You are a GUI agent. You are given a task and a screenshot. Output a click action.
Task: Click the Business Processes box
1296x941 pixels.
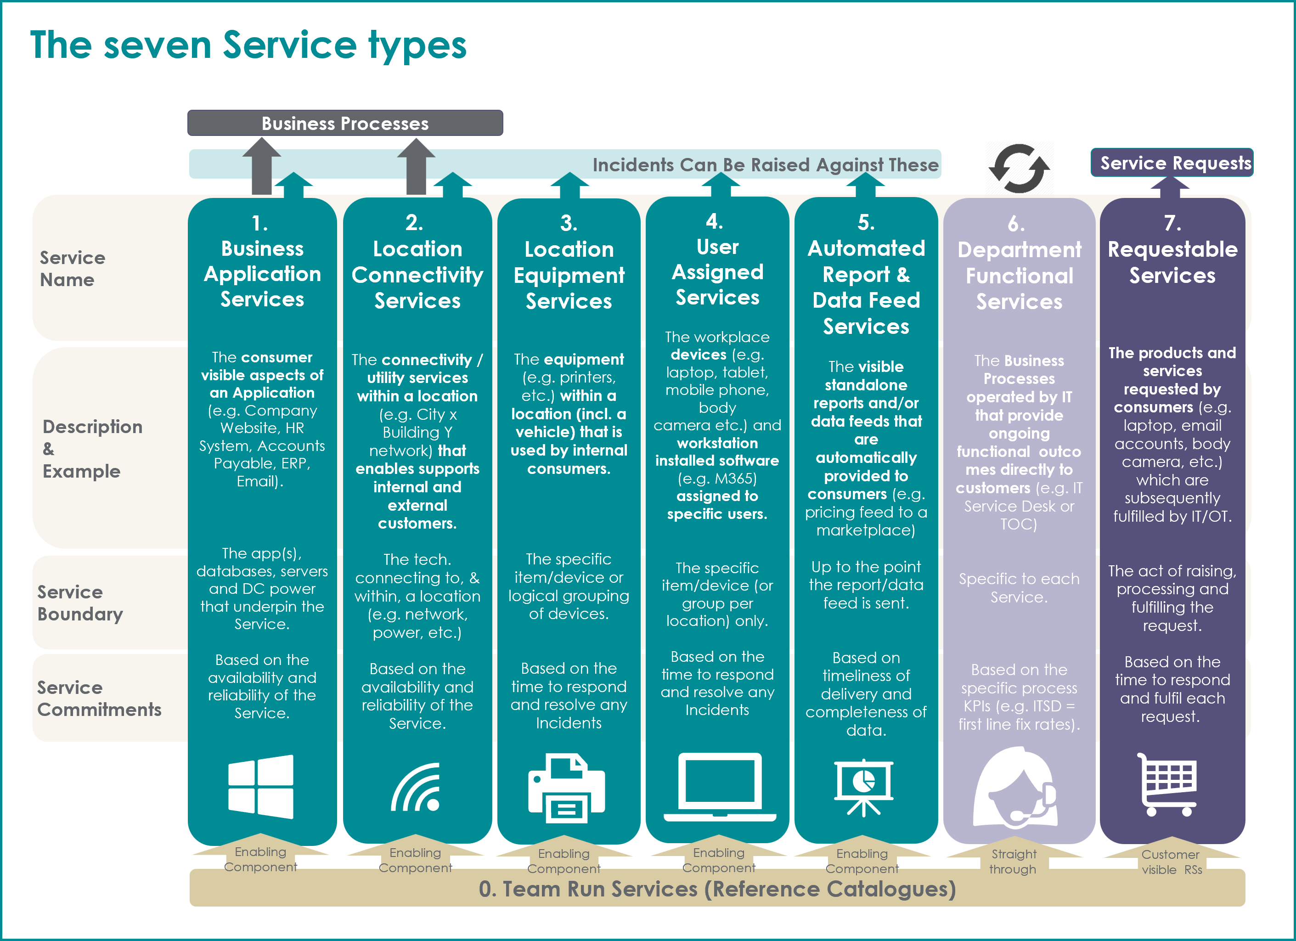tap(345, 123)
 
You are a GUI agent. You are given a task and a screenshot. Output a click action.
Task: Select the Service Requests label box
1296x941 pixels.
tap(1172, 163)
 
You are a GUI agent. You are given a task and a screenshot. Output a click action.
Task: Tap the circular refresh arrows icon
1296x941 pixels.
tap(1019, 169)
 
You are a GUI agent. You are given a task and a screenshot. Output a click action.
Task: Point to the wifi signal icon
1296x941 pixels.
tap(416, 787)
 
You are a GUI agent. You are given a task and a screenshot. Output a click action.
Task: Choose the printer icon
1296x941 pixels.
tap(566, 788)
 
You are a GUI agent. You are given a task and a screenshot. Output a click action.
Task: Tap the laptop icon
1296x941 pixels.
tap(720, 787)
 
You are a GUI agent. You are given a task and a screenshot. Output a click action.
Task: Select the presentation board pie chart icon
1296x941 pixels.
tap(863, 787)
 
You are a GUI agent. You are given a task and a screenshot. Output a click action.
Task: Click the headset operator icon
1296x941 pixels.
tap(1015, 787)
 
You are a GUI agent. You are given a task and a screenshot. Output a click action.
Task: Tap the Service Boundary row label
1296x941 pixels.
tap(80, 603)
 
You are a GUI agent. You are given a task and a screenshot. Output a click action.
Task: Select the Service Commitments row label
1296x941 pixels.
tap(99, 698)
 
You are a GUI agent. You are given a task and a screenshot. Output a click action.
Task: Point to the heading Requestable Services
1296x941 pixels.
tap(1172, 262)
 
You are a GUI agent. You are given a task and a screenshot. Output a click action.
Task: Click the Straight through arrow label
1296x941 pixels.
tap(1013, 862)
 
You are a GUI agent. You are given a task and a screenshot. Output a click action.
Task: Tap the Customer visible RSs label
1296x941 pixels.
tap(1171, 862)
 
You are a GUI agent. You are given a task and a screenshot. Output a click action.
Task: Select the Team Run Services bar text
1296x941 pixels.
tap(717, 889)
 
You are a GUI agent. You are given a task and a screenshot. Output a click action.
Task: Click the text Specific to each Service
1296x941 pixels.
tap(1019, 588)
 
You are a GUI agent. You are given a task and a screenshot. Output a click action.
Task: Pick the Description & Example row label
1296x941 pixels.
tap(92, 449)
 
